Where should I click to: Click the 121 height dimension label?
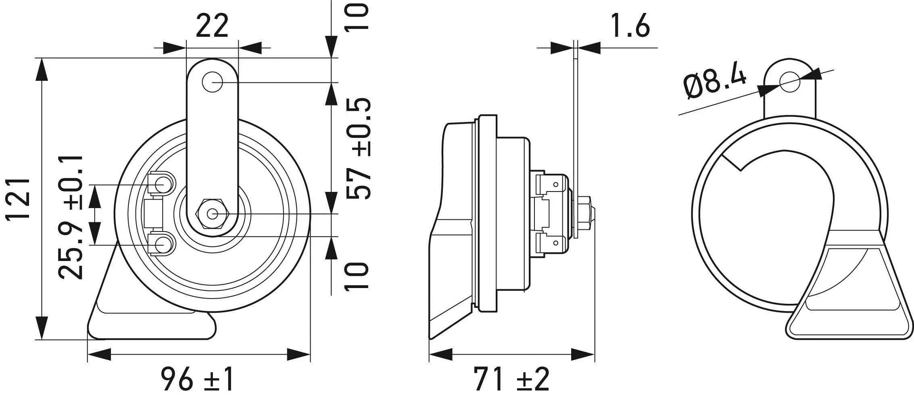pyautogui.click(x=18, y=198)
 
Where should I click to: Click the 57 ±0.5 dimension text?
pyautogui.click(x=358, y=148)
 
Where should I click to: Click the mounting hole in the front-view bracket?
pyautogui.click(x=213, y=82)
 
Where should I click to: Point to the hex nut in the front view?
pyautogui.click(x=213, y=214)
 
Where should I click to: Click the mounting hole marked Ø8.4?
pyautogui.click(x=789, y=82)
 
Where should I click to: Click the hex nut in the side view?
pyautogui.click(x=587, y=214)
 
